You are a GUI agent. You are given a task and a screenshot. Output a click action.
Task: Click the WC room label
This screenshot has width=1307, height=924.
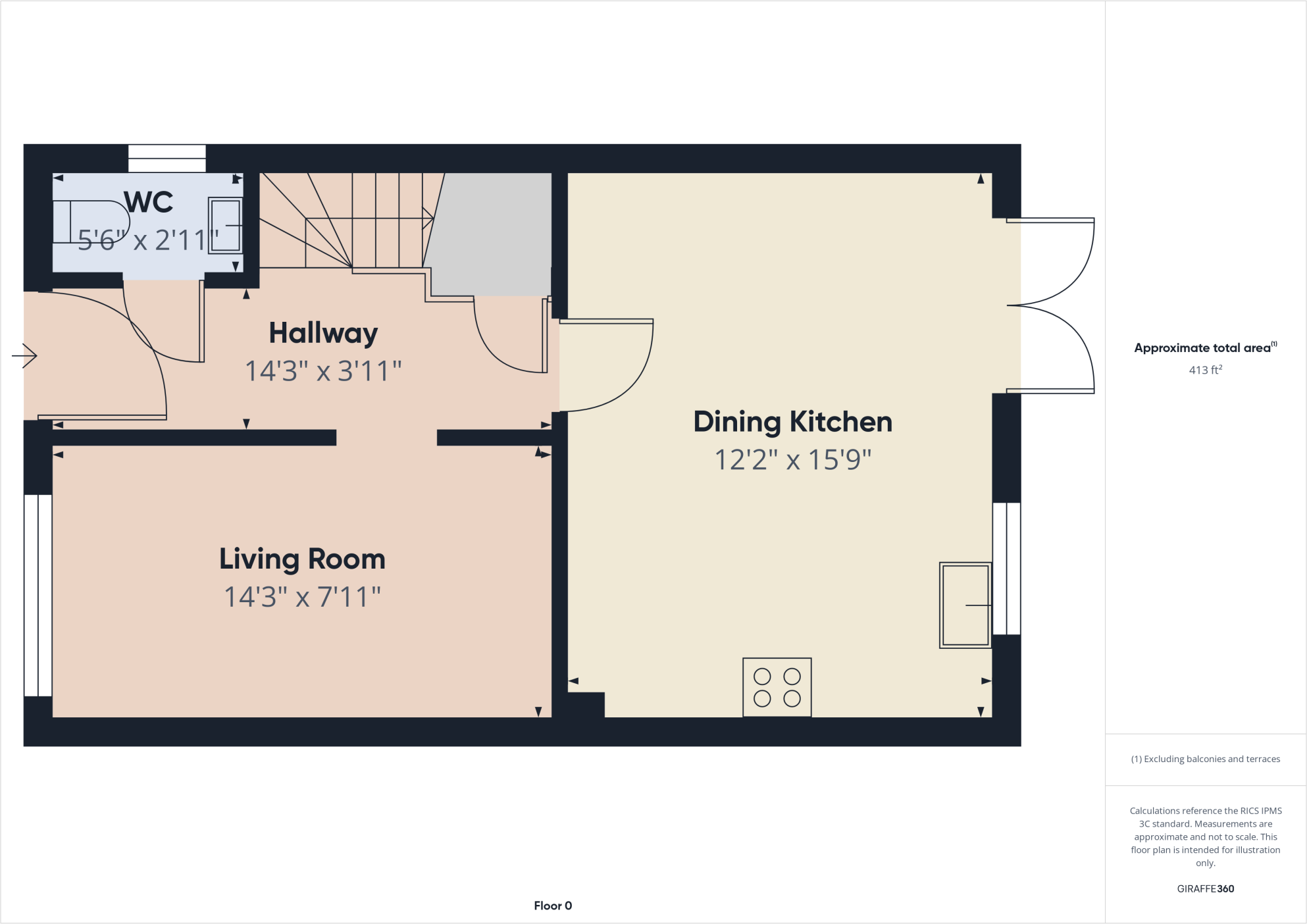pyautogui.click(x=149, y=202)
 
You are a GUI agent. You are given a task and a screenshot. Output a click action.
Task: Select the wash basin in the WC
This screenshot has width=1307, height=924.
pyautogui.click(x=226, y=225)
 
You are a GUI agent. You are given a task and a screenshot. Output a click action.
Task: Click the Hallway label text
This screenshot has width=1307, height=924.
pyautogui.click(x=323, y=333)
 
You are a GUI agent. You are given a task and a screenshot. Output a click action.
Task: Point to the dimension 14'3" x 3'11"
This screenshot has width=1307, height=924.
pyautogui.click(x=323, y=371)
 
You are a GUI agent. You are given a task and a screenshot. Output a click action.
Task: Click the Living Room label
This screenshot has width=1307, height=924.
pyautogui.click(x=302, y=559)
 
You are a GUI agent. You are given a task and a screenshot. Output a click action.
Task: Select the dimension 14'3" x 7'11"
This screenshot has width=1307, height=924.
pyautogui.click(x=302, y=598)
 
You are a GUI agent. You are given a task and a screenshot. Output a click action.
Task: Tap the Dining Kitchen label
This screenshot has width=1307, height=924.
pyautogui.click(x=792, y=422)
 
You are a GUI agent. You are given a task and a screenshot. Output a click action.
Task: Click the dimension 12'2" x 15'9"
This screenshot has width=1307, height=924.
pyautogui.click(x=792, y=460)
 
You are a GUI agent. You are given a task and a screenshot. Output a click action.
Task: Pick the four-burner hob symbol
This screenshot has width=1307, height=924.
pyautogui.click(x=777, y=687)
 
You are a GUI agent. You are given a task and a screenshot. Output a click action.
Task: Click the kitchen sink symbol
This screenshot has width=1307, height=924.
pyautogui.click(x=965, y=605)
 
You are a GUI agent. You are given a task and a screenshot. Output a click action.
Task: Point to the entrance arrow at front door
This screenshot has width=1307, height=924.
pyautogui.click(x=25, y=356)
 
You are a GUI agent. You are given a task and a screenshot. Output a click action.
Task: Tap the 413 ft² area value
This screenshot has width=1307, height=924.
pyautogui.click(x=1205, y=370)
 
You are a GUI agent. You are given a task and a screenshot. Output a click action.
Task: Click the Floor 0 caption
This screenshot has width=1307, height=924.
pyautogui.click(x=553, y=906)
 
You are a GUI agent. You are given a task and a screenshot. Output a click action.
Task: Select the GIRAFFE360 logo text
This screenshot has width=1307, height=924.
pyautogui.click(x=1205, y=888)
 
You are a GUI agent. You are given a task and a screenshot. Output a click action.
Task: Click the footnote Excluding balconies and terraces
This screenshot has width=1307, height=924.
pyautogui.click(x=1205, y=759)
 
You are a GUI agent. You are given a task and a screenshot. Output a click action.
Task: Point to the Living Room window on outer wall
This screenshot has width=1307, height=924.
pyautogui.click(x=38, y=596)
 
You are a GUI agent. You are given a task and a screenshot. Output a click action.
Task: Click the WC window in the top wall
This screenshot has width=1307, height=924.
pyautogui.click(x=167, y=159)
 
